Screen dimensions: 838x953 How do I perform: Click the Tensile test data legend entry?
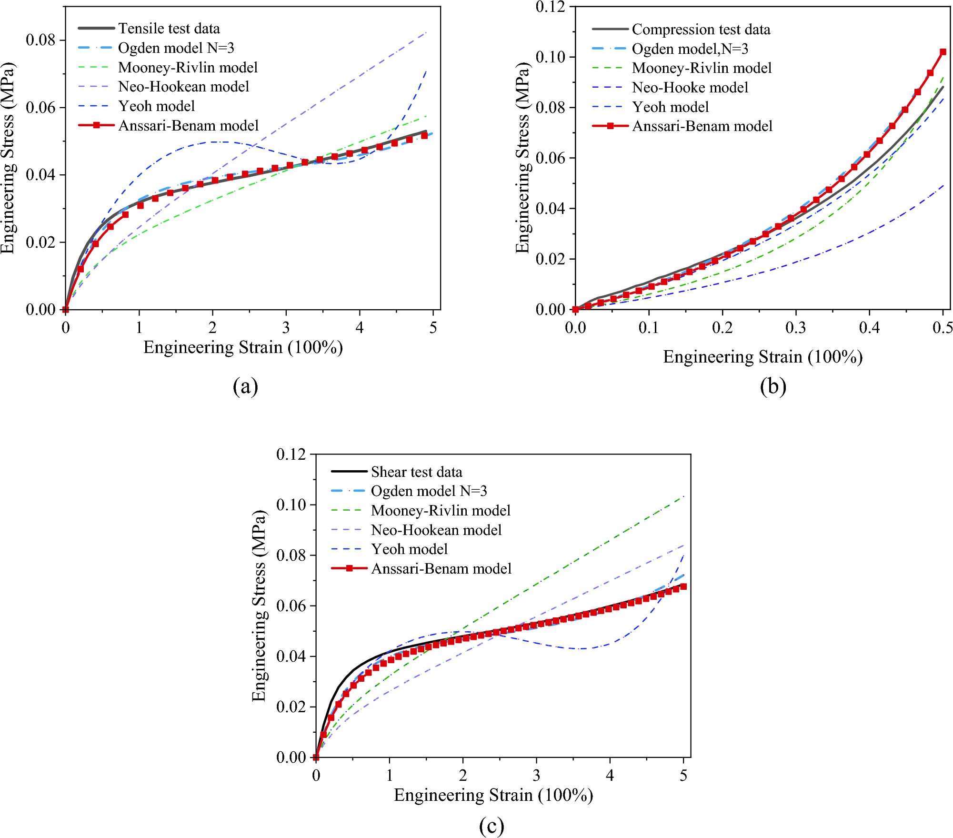(x=169, y=29)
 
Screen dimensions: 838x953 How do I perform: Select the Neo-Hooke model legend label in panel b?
(x=690, y=88)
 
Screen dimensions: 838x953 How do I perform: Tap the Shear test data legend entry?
(x=416, y=472)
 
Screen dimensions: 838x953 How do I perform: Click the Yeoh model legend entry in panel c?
(x=409, y=549)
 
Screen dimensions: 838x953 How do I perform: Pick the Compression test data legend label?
(x=701, y=30)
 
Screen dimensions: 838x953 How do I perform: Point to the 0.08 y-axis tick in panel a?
(x=40, y=40)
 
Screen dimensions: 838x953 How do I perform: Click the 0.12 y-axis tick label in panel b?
(x=550, y=7)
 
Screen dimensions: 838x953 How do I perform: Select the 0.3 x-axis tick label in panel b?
(x=795, y=328)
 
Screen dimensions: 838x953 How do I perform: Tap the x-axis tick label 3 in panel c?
(x=536, y=776)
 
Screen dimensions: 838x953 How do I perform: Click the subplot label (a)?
(x=245, y=386)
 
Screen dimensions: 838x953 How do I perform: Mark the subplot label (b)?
(x=773, y=386)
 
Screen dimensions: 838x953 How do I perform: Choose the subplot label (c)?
(x=491, y=826)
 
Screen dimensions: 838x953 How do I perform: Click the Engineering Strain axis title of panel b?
(x=762, y=357)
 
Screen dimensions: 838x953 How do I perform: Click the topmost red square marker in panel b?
(x=943, y=52)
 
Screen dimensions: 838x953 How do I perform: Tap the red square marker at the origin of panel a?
(x=66, y=309)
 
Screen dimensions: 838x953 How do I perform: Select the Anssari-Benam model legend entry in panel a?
(x=188, y=126)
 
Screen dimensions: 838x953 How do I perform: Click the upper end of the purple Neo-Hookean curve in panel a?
(x=426, y=32)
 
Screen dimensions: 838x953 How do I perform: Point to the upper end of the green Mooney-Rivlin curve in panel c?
(x=683, y=496)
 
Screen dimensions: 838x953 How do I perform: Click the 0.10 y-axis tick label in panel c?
(x=291, y=505)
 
